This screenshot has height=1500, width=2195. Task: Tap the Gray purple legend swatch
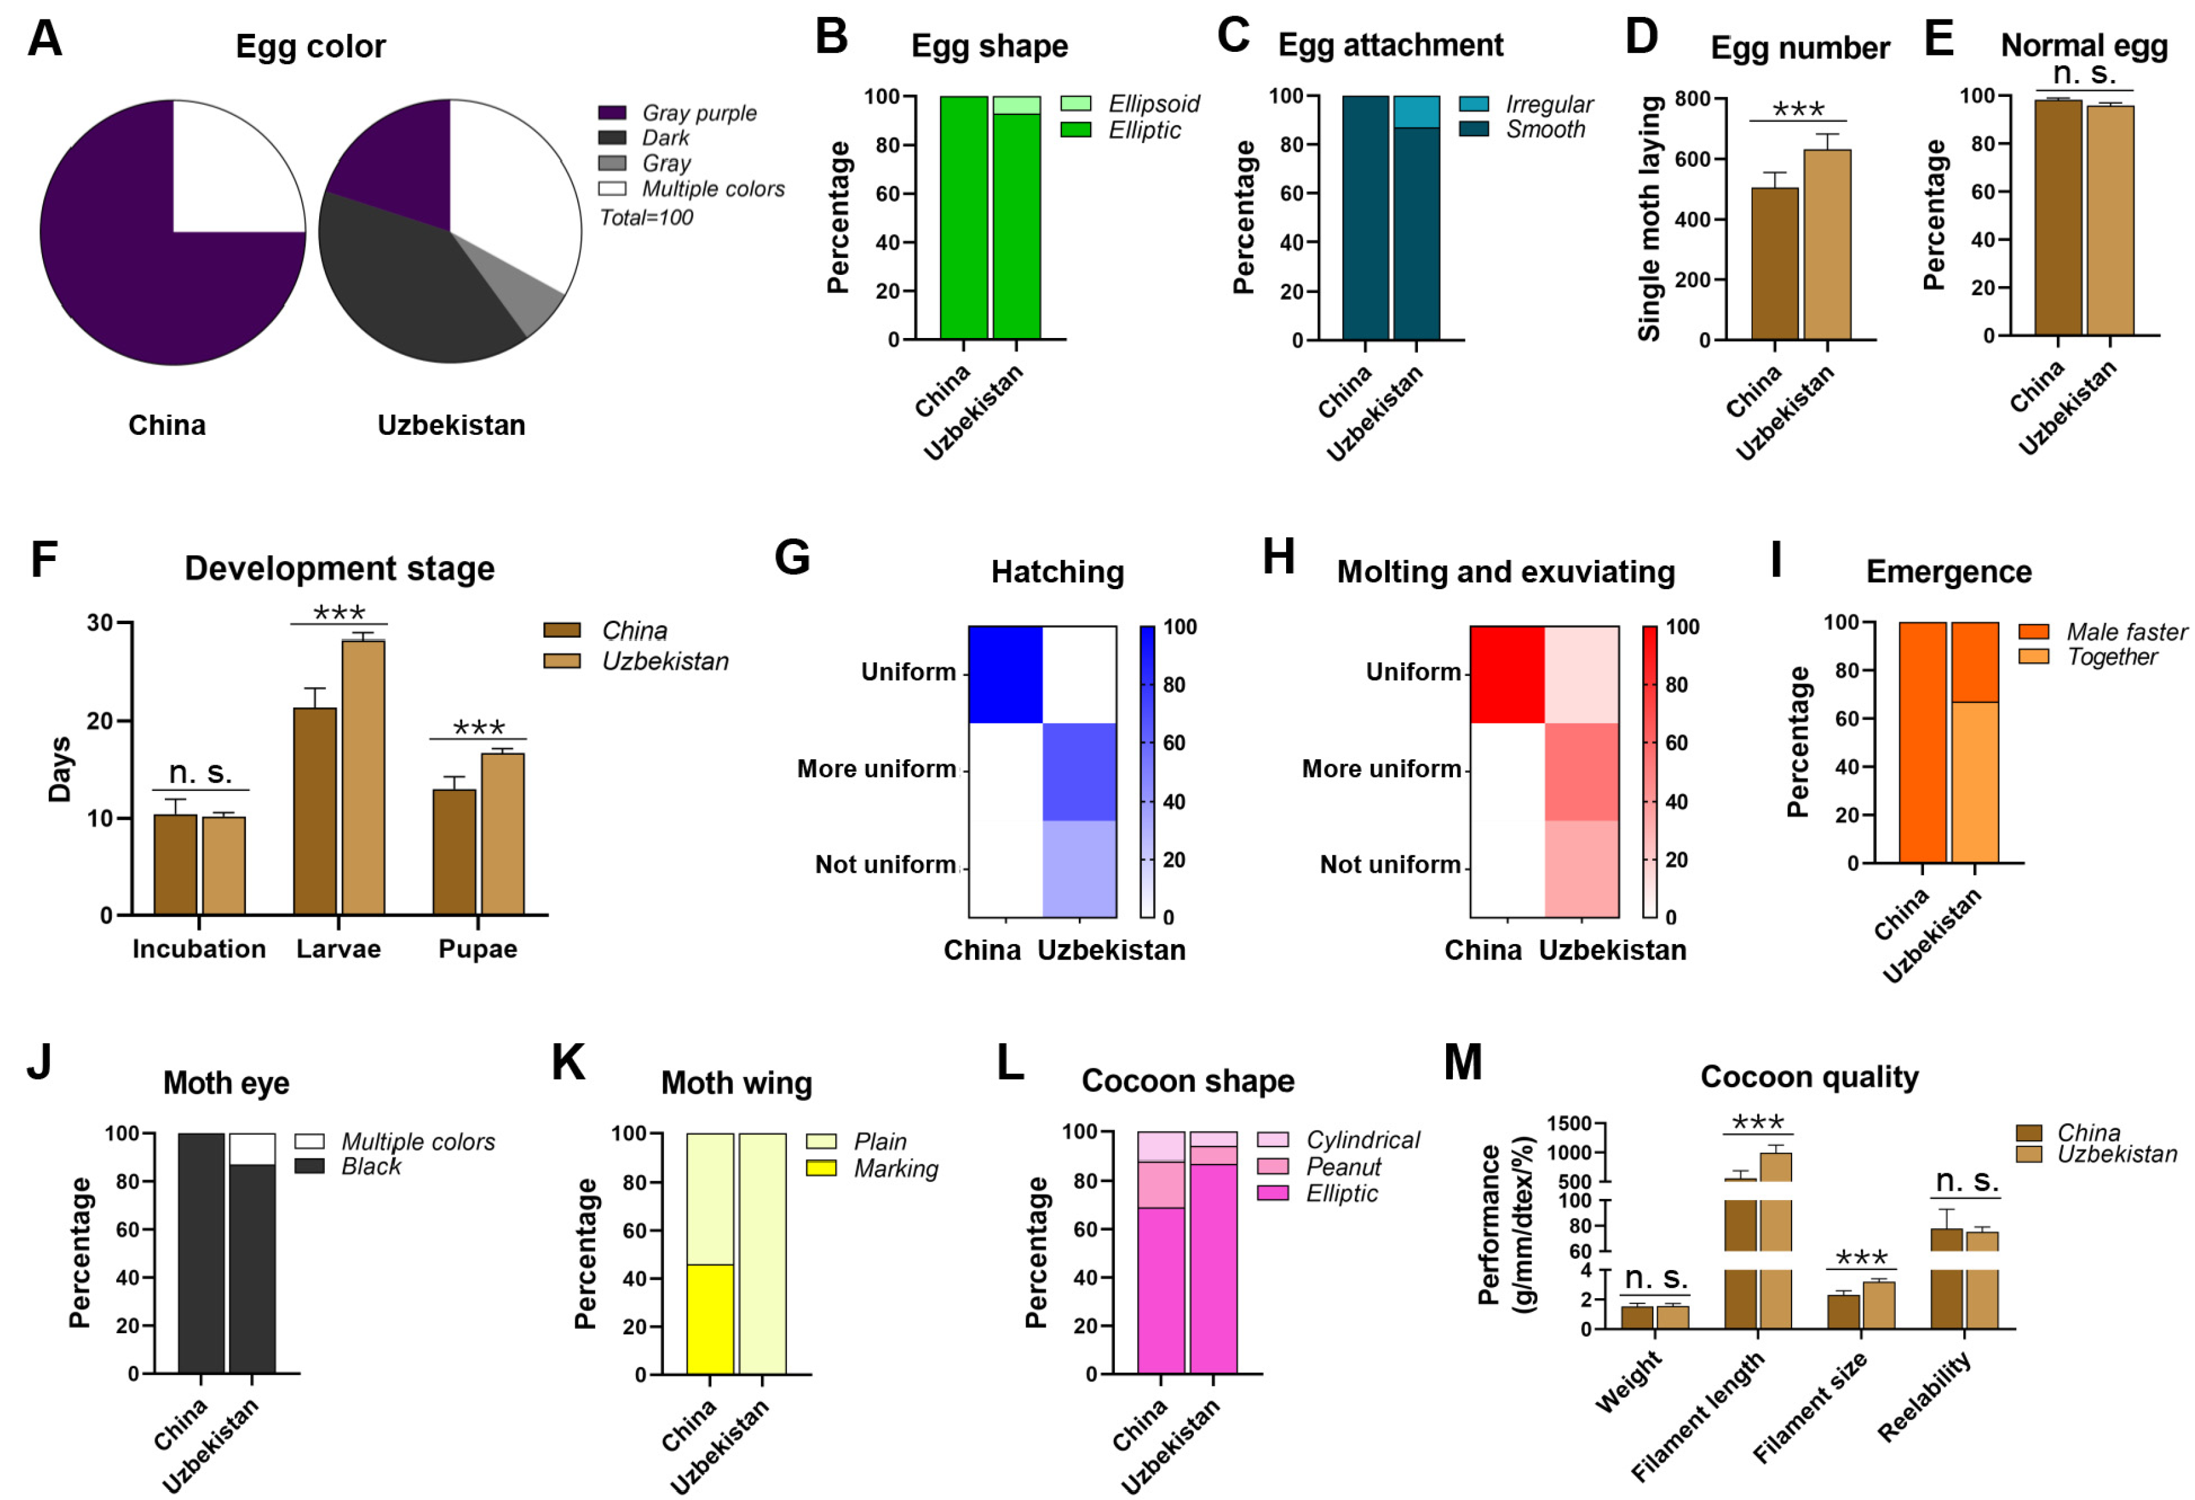pos(612,113)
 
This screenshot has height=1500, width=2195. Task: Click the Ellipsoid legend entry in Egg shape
pos(1152,104)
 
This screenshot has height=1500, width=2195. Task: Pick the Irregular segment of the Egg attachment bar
pos(1416,111)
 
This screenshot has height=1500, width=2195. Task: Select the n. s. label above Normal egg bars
pos(2084,74)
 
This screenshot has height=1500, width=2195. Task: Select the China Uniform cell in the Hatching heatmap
pos(1005,675)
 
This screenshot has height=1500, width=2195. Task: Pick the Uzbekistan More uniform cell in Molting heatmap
pos(1581,771)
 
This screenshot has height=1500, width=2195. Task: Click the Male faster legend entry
pos(2125,632)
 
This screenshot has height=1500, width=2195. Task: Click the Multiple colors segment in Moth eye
pos(252,1149)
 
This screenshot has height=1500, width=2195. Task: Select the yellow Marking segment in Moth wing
pos(710,1319)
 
